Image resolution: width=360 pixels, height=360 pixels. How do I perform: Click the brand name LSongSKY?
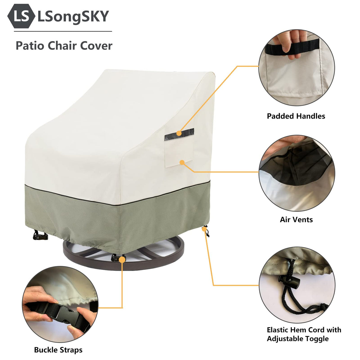[x=73, y=16]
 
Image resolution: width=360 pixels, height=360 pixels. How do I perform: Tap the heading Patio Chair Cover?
[x=64, y=46]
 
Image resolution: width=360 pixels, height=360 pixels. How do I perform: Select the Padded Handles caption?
[x=296, y=116]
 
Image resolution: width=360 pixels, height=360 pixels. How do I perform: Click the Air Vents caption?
[x=296, y=220]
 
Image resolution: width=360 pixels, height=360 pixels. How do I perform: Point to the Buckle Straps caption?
[x=58, y=350]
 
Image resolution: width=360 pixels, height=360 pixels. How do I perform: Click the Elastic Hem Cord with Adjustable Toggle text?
[x=304, y=334]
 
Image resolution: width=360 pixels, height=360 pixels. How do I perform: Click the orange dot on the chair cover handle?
[x=179, y=133]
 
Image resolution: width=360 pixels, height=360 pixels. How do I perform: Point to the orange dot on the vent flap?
[x=182, y=162]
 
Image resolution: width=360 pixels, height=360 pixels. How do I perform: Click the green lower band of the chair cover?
[x=89, y=219]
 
